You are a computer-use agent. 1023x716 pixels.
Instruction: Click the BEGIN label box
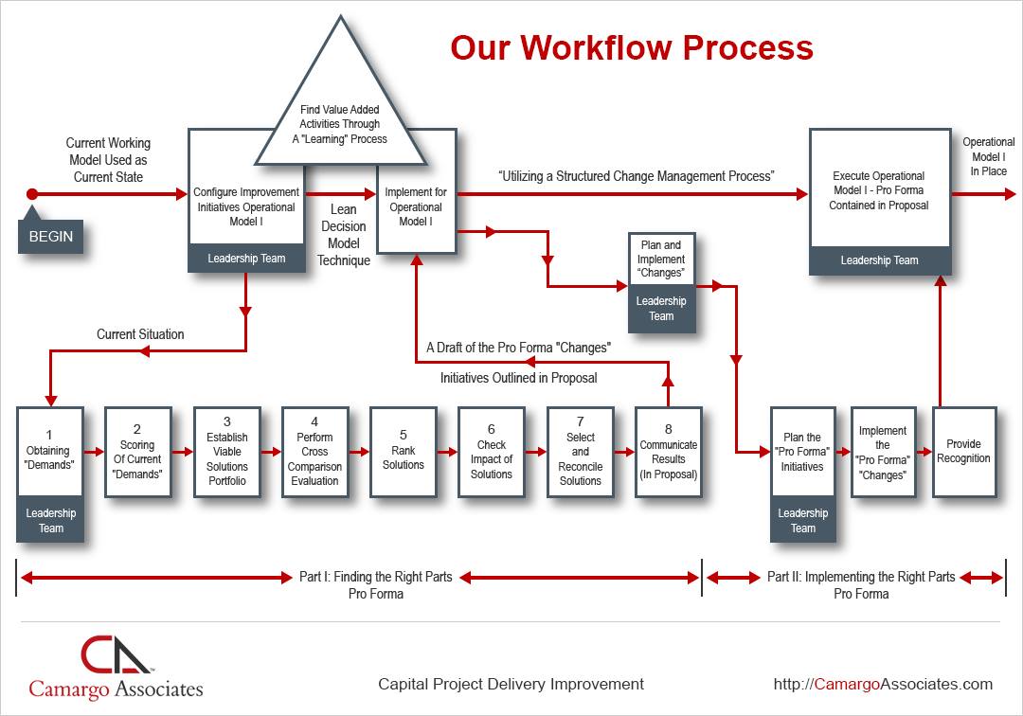(51, 236)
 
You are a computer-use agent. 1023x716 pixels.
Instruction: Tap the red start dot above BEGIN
(32, 194)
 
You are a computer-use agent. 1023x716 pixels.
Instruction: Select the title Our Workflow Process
(631, 47)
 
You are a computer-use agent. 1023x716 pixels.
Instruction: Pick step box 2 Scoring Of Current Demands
(137, 453)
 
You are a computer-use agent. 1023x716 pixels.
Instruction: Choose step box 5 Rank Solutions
(404, 453)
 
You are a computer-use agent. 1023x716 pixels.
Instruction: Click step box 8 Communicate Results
(669, 453)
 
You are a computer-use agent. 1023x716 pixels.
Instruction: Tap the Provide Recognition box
(963, 452)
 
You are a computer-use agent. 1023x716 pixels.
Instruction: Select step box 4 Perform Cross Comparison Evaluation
(314, 453)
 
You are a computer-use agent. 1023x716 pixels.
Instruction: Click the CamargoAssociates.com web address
(883, 684)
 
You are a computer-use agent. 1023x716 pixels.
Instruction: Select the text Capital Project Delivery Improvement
(511, 684)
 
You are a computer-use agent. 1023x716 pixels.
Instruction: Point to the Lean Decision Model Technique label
(343, 235)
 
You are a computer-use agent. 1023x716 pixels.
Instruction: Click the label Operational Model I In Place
(989, 156)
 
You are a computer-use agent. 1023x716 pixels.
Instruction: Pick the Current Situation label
(140, 334)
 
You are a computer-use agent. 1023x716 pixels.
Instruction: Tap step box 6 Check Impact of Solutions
(492, 453)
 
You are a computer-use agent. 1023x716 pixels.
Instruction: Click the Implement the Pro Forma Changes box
(883, 453)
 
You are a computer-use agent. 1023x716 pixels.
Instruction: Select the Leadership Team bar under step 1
(51, 521)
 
